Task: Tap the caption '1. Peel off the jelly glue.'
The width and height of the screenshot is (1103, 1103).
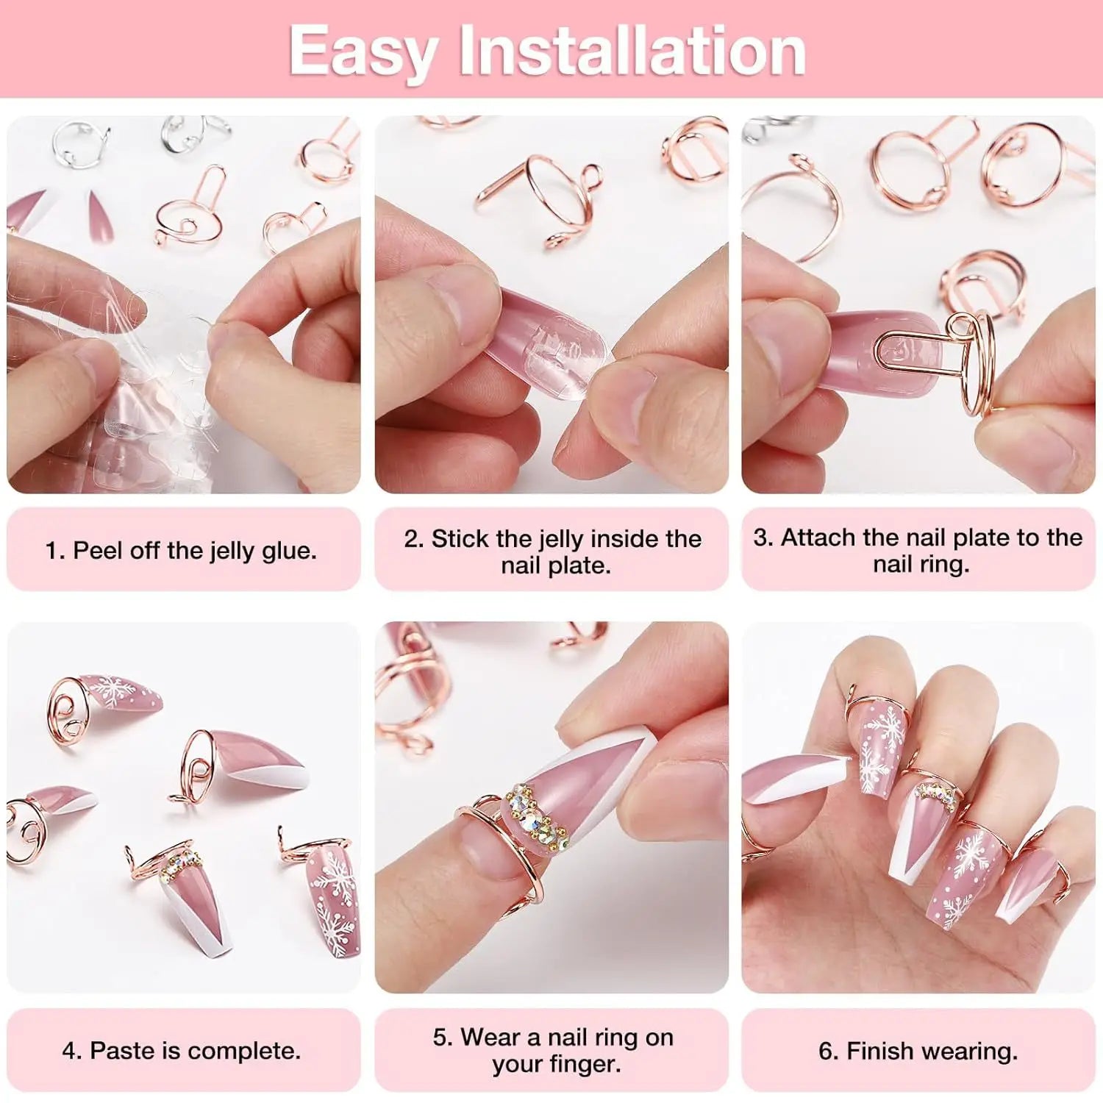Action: click(181, 550)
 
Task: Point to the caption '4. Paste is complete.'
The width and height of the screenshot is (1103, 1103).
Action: click(181, 1050)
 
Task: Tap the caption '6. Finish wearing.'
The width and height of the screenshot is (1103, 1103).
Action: click(918, 1050)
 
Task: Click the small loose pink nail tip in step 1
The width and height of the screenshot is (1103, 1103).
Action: click(98, 217)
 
